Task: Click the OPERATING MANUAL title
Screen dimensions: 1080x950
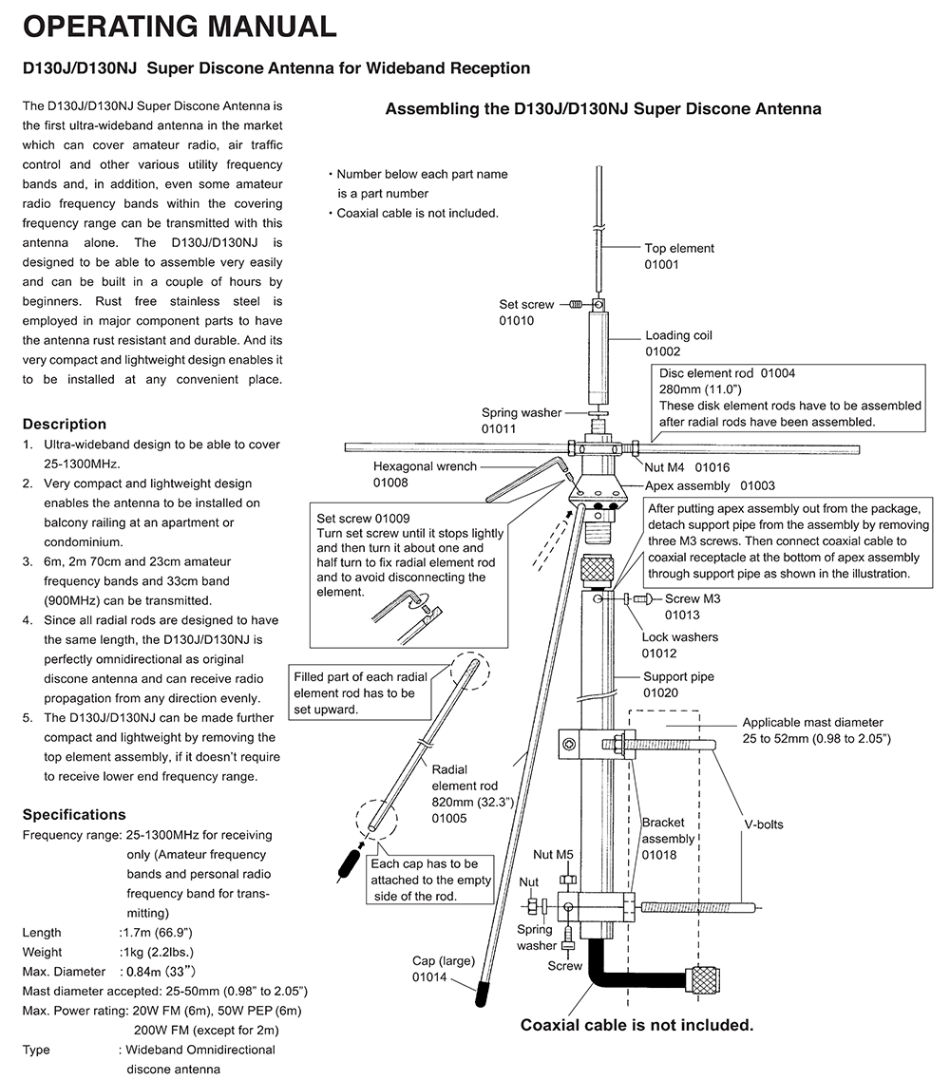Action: pos(180,27)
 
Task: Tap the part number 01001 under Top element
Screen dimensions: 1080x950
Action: pos(662,264)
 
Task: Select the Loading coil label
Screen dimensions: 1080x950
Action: pos(678,335)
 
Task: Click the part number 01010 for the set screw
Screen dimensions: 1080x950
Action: pos(517,321)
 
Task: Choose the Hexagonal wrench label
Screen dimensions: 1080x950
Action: pos(424,466)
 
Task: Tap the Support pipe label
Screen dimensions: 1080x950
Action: pos(678,677)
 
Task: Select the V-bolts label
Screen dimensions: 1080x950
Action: pos(763,824)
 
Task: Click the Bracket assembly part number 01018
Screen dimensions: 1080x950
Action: pos(659,855)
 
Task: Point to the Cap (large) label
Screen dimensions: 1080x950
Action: pos(443,961)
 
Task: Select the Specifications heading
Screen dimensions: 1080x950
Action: pos(74,814)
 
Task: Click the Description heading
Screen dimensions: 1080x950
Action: pos(65,424)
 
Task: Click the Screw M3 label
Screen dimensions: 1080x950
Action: pos(693,598)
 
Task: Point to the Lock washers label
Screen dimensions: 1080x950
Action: pos(679,637)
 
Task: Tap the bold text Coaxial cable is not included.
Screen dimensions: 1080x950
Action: pos(636,1025)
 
